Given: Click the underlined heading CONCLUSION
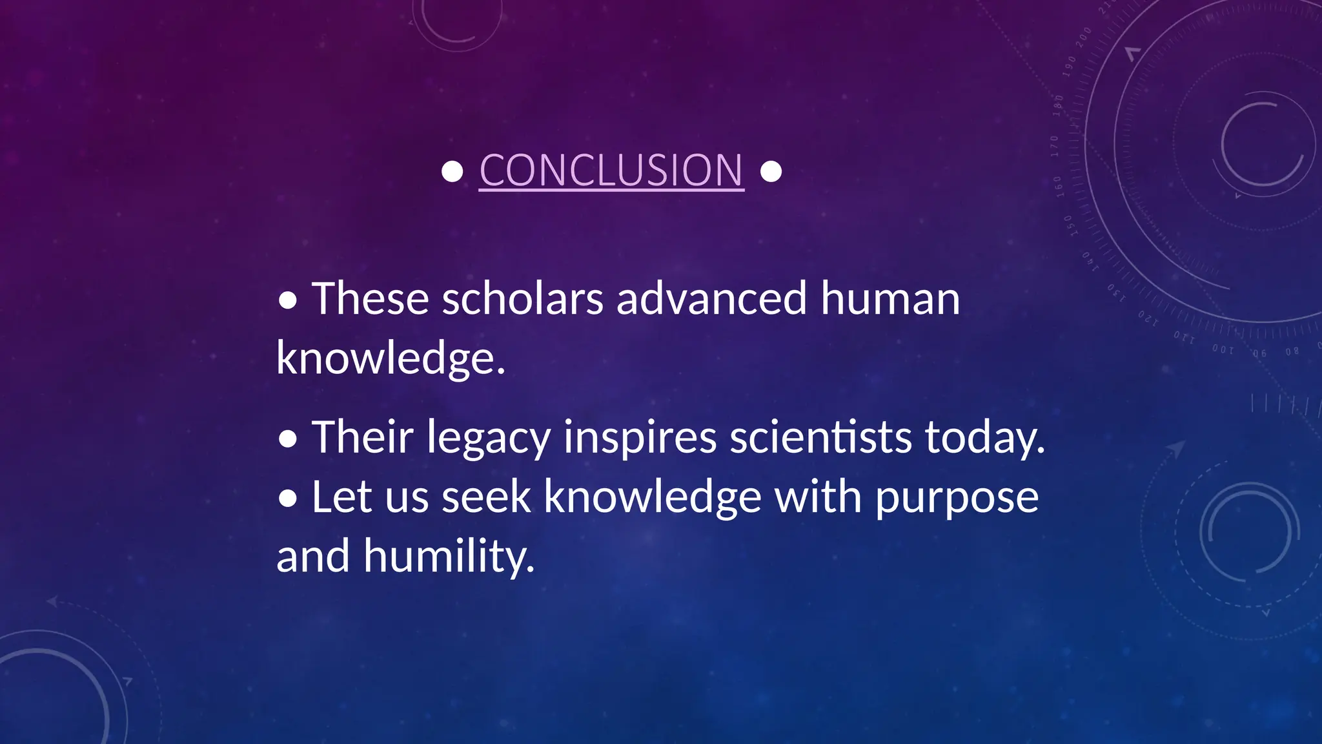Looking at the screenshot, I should coord(611,170).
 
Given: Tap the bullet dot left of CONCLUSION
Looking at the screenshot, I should coord(453,172).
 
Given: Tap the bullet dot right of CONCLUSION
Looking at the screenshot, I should coord(771,172).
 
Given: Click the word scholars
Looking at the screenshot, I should coord(522,299).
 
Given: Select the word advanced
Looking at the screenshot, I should coord(711,299).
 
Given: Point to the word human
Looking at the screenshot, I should coord(890,299).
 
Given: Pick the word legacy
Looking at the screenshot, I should coord(489,439).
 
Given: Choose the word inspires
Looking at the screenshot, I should coord(640,439).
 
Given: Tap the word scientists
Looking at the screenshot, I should coord(820,437).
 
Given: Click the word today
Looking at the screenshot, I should coord(984,439).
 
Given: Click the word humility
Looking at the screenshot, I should coord(448,557).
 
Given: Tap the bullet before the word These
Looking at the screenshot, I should coord(288,300).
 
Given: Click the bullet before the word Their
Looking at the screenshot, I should coord(288,439).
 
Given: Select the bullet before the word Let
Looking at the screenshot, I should coord(288,499).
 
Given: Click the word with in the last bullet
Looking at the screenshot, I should coord(818,497).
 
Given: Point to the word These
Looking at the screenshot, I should coord(371,299).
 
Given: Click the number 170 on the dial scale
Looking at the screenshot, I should coord(1054,147).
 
